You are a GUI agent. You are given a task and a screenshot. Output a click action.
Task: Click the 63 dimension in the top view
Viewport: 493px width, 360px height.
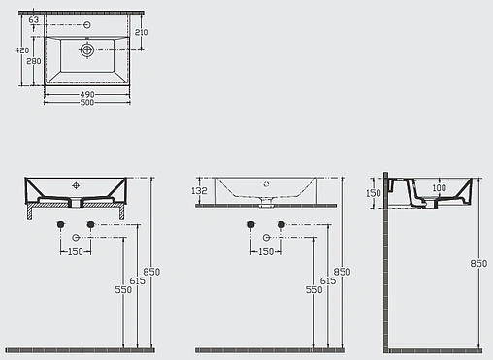click(x=34, y=19)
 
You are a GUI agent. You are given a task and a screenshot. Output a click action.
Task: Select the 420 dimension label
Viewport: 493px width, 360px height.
click(x=21, y=49)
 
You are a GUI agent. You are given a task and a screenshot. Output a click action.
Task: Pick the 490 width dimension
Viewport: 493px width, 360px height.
click(x=86, y=93)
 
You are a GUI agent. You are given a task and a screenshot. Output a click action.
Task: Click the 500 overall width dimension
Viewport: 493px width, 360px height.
click(x=86, y=102)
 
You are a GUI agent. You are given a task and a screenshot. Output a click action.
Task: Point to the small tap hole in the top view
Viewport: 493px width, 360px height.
click(x=87, y=23)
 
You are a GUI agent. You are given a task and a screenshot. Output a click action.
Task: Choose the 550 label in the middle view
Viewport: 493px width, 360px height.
click(x=313, y=289)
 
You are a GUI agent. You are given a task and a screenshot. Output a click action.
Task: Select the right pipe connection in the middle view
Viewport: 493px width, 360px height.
click(x=280, y=224)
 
